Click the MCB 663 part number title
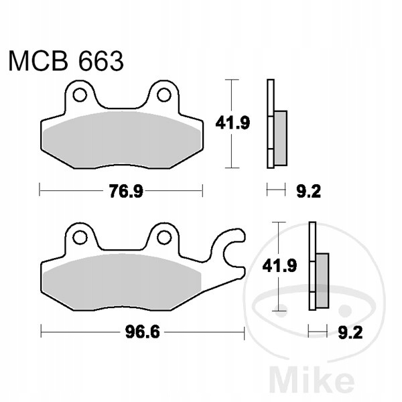pos(66,61)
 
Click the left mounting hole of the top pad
pos(80,95)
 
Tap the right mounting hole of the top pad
pos(164,95)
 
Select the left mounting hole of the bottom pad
pos(80,238)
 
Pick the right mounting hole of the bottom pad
pos(164,238)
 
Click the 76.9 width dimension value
pos(126,191)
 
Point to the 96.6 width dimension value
pos(143,332)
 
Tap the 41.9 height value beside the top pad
pos(232,123)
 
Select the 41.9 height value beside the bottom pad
pos(279,265)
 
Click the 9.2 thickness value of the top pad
pos(308,191)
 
